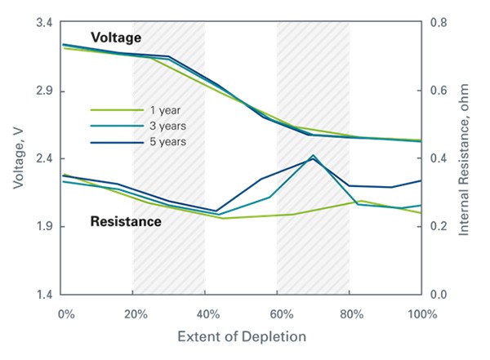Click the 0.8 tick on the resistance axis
click(x=439, y=23)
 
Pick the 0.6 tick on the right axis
click(x=439, y=91)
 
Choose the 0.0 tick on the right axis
click(x=439, y=294)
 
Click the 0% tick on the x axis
click(x=65, y=313)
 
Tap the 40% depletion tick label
click(x=207, y=313)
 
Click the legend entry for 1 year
click(x=164, y=109)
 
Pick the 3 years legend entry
click(x=167, y=126)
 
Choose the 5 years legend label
click(x=167, y=142)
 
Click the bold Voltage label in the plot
click(x=116, y=38)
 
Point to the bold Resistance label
click(x=125, y=220)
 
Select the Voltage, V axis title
click(x=17, y=159)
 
